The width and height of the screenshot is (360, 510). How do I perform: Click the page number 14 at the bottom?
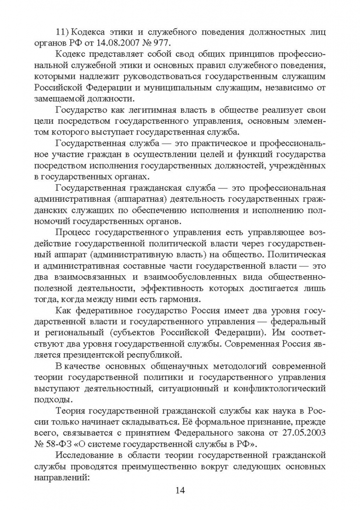pyautogui.click(x=179, y=489)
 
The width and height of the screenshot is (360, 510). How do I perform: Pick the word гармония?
pyautogui.click(x=187, y=299)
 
